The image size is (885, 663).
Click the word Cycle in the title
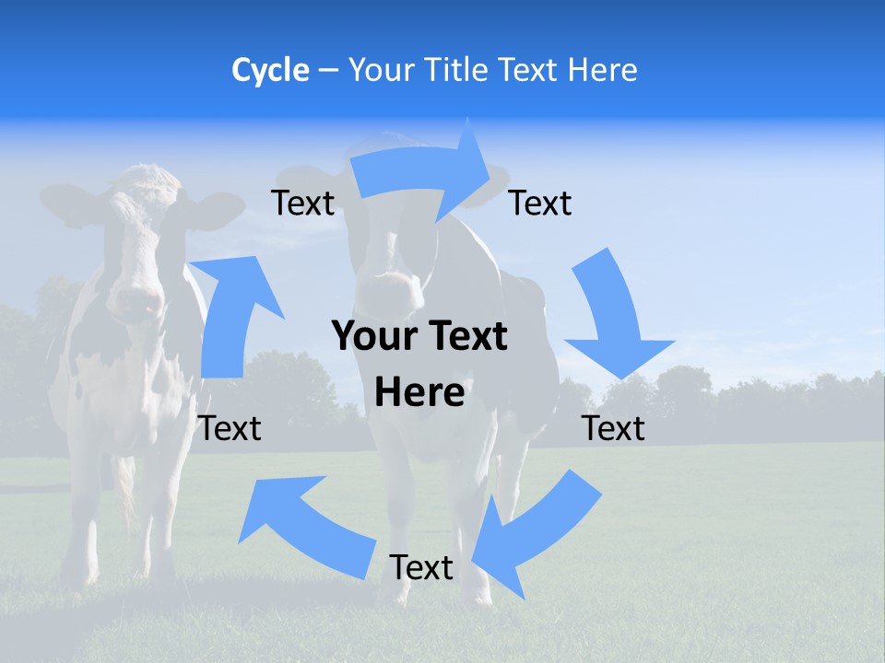point(270,70)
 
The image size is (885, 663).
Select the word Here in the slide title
point(601,70)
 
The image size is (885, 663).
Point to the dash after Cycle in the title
point(327,71)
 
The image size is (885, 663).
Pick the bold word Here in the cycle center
point(419,392)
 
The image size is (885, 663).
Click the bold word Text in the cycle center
point(467,337)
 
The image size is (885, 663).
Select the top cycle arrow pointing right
point(425,170)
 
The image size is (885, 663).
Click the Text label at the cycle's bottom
point(420,567)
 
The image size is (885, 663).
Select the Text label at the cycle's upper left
point(302,203)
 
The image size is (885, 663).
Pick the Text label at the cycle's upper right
point(540,203)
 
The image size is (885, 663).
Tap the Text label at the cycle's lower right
point(614,428)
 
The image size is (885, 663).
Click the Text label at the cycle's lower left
point(230,428)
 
